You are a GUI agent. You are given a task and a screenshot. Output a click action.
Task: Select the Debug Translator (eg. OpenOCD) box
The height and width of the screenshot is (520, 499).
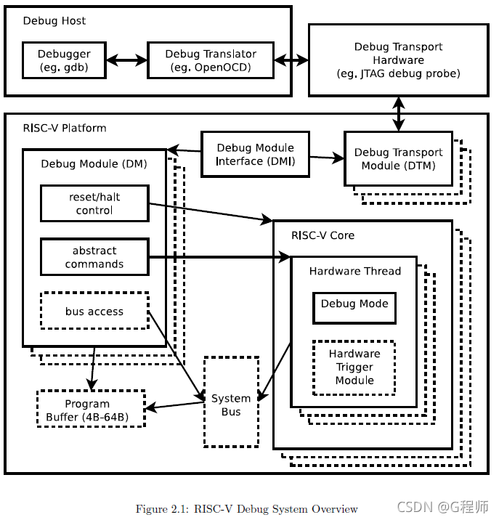[211, 61]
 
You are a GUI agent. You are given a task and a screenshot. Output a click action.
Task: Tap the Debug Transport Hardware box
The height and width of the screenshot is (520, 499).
[398, 60]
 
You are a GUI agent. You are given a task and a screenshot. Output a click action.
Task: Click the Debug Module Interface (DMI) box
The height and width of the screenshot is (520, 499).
[255, 154]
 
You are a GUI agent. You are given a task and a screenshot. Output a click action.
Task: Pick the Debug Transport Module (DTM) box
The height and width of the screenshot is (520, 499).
[398, 159]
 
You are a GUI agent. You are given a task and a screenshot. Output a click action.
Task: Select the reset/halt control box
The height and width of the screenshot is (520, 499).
[94, 203]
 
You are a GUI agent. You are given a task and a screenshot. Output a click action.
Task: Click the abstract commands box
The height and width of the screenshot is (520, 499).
[94, 257]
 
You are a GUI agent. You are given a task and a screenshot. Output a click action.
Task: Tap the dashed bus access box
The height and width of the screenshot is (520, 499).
[94, 312]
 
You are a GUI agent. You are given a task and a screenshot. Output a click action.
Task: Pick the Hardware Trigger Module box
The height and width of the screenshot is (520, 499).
[354, 367]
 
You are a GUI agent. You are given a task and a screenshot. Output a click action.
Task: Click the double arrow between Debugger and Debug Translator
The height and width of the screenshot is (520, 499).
[128, 61]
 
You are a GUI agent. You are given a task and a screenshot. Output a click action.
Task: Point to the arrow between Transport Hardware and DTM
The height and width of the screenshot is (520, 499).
[398, 113]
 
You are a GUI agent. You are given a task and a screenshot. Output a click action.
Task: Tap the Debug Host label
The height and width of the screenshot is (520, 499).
[54, 20]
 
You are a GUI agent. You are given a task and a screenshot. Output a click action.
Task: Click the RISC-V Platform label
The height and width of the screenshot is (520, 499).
[65, 128]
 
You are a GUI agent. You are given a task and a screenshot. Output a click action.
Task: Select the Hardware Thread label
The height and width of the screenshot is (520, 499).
[354, 271]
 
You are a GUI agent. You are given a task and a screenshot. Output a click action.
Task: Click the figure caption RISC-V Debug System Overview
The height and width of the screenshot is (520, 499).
[247, 508]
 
